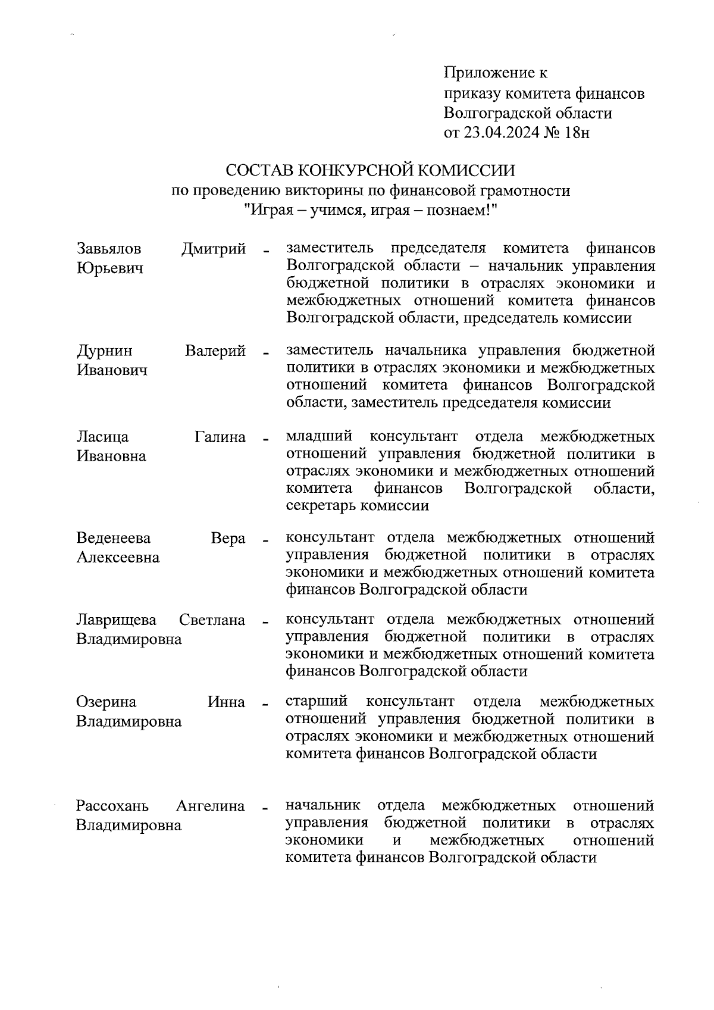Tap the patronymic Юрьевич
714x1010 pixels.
[110, 268]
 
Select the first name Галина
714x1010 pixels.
[220, 437]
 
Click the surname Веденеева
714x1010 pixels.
[114, 538]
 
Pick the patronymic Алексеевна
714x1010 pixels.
[118, 558]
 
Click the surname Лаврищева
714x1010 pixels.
[117, 620]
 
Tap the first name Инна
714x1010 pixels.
[226, 702]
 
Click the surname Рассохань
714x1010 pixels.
[112, 806]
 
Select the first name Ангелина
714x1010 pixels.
[211, 806]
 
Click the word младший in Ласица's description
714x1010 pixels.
[319, 437]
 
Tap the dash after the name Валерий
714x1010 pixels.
[265, 352]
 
